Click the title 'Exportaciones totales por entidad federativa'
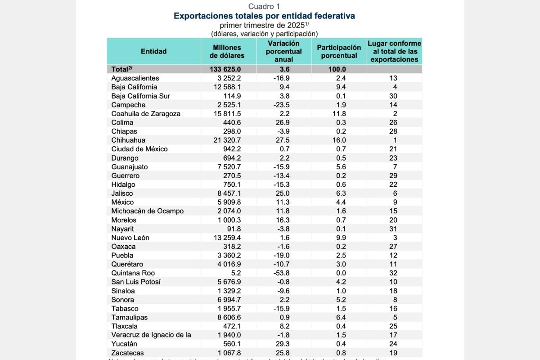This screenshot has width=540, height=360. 264,16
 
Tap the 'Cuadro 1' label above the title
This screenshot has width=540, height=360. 264,6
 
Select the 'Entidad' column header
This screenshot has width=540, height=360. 153,51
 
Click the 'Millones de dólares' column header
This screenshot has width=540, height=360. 227,51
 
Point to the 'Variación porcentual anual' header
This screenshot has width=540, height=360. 283,51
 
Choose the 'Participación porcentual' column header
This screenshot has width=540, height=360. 339,51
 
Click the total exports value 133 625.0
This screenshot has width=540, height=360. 225,69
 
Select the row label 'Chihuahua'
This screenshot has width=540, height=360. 128,140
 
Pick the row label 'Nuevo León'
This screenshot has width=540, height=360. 130,238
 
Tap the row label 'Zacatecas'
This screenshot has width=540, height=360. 128,353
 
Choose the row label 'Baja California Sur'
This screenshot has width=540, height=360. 140,96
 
